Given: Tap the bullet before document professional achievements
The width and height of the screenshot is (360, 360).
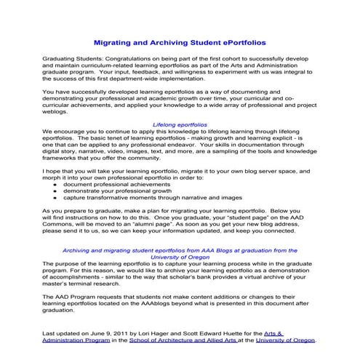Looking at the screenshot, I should [x=56, y=185].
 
